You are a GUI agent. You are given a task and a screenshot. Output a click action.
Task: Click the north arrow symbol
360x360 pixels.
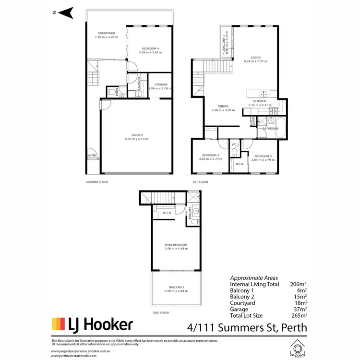(67, 12)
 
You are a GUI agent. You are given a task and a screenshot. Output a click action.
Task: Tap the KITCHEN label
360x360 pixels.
(260, 101)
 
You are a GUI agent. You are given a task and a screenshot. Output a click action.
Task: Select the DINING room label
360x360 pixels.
(222, 107)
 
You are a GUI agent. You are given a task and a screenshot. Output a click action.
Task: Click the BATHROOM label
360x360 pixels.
(270, 129)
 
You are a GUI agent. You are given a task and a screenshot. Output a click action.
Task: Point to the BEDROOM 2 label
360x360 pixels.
(210, 155)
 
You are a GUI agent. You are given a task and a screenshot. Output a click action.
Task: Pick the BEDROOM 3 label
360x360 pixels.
(264, 156)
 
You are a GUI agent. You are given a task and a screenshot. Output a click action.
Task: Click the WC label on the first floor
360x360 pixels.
(235, 144)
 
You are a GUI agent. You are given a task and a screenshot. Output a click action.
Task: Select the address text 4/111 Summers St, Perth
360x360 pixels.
(246, 327)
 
